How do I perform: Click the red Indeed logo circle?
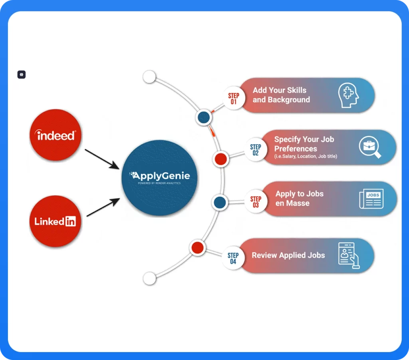click(x=56, y=135)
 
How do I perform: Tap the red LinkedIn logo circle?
click(x=56, y=221)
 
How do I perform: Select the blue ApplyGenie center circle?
click(x=159, y=178)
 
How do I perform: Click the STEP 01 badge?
click(x=234, y=98)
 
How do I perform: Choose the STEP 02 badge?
click(x=256, y=150)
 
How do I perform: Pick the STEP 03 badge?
click(x=256, y=202)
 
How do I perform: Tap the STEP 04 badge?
click(x=233, y=258)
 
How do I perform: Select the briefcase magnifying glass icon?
click(x=369, y=147)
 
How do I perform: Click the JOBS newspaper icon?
click(x=371, y=199)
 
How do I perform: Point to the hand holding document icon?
click(x=348, y=255)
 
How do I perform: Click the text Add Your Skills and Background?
click(x=281, y=95)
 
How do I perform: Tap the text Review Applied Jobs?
click(x=288, y=255)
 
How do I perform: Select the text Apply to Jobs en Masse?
click(x=299, y=199)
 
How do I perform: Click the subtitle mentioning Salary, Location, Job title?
click(x=306, y=156)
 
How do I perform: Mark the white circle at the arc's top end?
click(x=149, y=77)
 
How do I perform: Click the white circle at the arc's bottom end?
click(x=149, y=278)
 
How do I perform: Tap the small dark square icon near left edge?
click(x=22, y=74)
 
